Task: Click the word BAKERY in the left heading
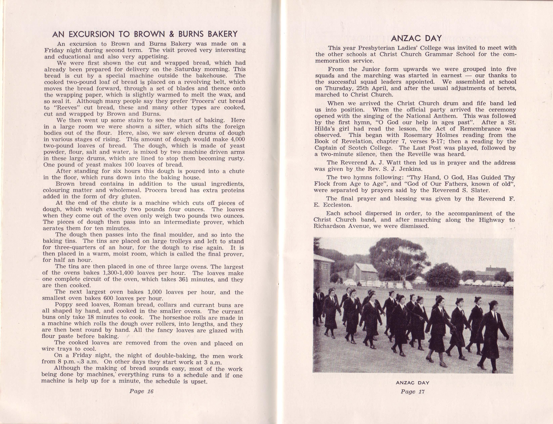click(x=222, y=34)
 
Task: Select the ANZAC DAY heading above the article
click(x=416, y=38)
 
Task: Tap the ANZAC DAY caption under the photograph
click(x=412, y=383)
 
